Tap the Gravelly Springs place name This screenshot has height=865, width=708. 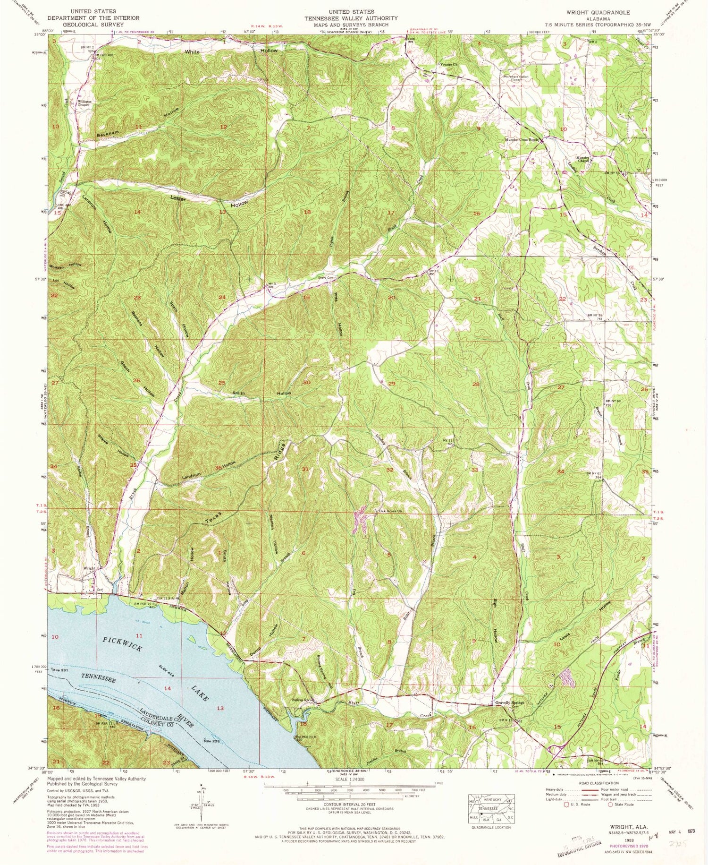pos(509,702)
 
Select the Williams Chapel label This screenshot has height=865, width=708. pos(85,103)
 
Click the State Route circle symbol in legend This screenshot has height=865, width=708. pos(610,805)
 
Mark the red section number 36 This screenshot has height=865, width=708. pos(218,468)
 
